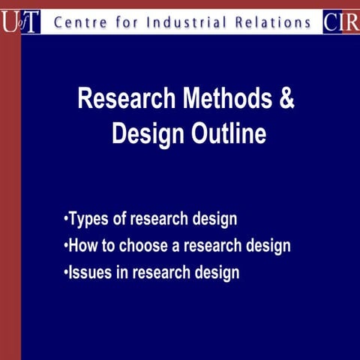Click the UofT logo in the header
tap(20, 22)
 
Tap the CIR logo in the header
tap(340, 22)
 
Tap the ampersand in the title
tap(287, 98)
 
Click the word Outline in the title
tap(229, 134)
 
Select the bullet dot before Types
tap(66, 220)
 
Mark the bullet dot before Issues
tap(66, 271)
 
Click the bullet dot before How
tap(66, 246)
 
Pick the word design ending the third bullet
tap(217, 272)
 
